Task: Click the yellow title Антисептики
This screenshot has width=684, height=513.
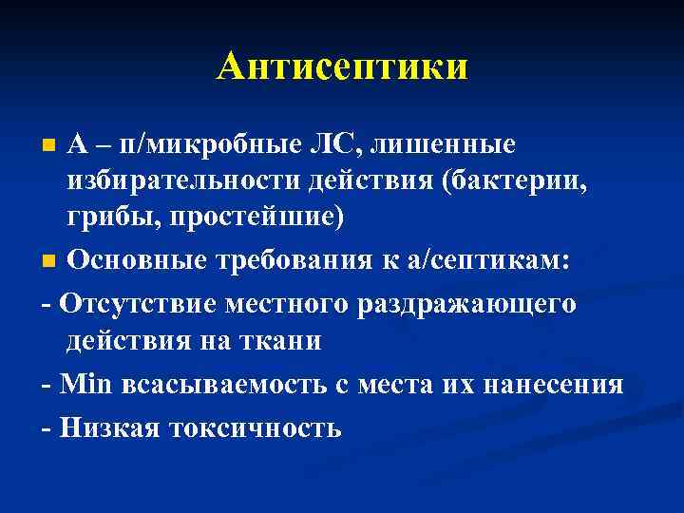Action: (341, 66)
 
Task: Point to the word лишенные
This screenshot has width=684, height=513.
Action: (445, 145)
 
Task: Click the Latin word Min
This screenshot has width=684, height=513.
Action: (86, 385)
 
